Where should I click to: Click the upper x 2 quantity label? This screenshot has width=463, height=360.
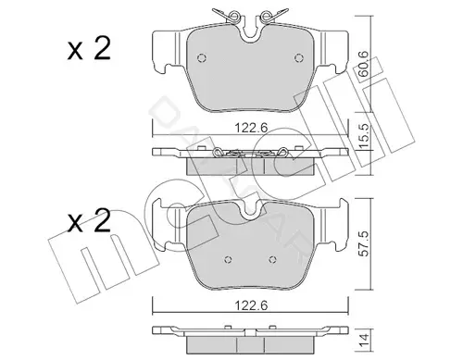(89, 48)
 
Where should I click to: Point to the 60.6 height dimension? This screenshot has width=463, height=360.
(363, 64)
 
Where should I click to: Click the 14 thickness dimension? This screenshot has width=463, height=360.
(364, 341)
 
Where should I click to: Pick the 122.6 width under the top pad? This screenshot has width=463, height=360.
(251, 128)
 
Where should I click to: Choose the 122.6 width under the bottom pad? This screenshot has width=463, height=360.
(251, 305)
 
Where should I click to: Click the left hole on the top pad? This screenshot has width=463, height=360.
(202, 58)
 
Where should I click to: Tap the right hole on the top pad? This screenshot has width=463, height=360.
(299, 58)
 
